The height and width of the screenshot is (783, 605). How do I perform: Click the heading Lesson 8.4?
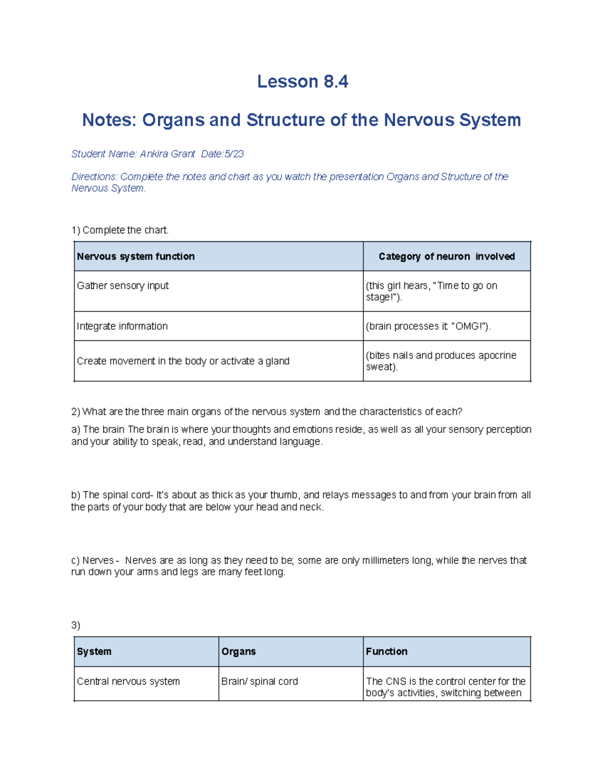point(302,82)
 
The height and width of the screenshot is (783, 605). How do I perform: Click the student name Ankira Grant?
point(167,154)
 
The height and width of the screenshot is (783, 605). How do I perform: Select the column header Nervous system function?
point(136,257)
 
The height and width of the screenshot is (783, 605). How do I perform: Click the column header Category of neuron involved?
point(446,257)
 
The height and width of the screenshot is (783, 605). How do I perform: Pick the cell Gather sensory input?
point(123,286)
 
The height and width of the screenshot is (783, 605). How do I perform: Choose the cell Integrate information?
point(122,327)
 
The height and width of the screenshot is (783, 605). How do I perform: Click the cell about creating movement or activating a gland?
point(183,362)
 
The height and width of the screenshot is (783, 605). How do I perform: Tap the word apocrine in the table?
point(497,355)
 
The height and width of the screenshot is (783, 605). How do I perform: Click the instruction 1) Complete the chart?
point(120,230)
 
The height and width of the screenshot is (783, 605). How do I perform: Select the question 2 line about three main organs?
point(267,412)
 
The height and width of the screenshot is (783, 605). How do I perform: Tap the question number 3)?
point(76,626)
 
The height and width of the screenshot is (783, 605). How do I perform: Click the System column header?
point(94,652)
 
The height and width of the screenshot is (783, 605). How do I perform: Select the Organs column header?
point(238,652)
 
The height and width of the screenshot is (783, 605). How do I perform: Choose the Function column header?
point(386,652)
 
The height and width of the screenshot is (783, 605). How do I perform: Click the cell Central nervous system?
point(128,682)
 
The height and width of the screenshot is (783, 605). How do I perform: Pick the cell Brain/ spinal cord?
point(260,682)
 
